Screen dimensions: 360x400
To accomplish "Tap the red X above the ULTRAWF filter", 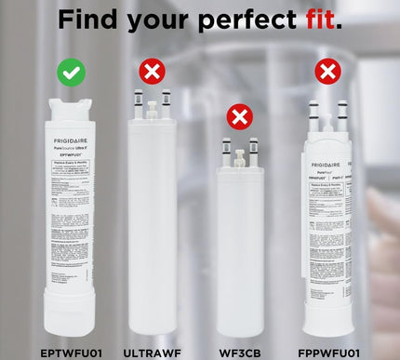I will tap(152, 72).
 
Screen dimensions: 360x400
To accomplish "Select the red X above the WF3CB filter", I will tap(240, 116).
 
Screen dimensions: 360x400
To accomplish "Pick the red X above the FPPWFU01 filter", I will tap(327, 72).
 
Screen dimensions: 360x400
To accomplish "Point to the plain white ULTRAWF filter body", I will tap(152, 233).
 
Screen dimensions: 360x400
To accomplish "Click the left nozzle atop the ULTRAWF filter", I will tap(138, 98).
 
